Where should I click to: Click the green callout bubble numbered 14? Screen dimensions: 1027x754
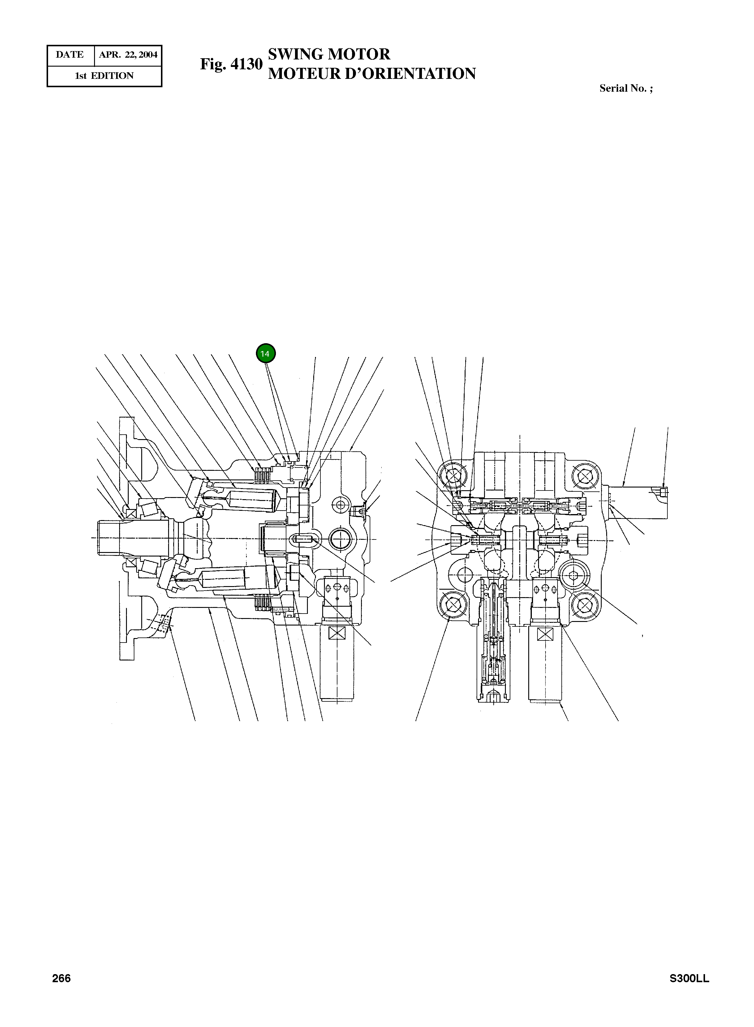[266, 354]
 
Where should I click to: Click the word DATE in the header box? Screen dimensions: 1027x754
[70, 55]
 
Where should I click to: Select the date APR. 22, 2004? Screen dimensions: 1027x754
[128, 55]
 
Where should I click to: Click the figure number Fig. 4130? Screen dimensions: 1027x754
[231, 64]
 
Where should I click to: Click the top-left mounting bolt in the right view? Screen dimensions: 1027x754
[453, 476]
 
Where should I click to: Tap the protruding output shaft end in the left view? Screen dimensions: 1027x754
[110, 538]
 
